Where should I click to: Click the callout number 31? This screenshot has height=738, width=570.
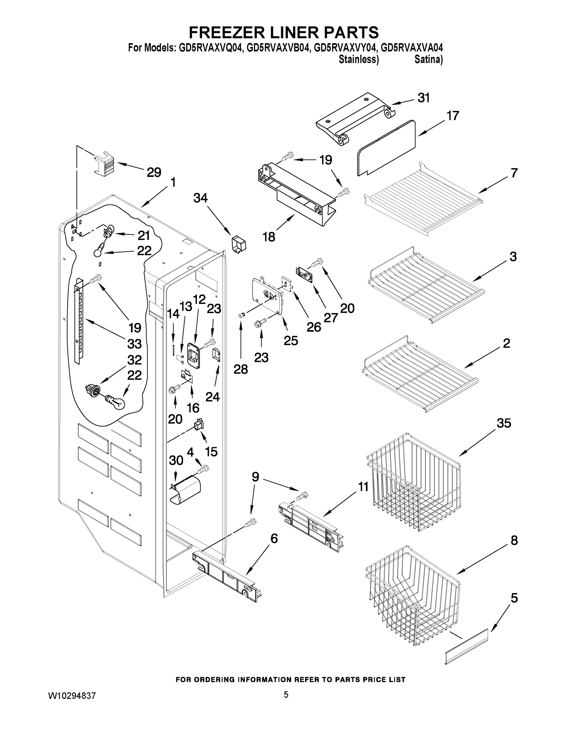pos(423,98)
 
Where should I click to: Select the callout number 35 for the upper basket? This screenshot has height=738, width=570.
pos(504,423)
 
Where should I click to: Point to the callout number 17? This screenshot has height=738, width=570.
pos(453,116)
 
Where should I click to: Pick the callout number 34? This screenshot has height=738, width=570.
pos(200,198)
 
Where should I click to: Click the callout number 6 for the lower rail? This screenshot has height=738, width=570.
pos(274,538)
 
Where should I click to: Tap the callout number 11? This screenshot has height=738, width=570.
pos(363,487)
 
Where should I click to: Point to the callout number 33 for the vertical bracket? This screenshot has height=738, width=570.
pos(134,344)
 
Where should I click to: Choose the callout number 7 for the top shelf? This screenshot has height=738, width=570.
pos(513,173)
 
